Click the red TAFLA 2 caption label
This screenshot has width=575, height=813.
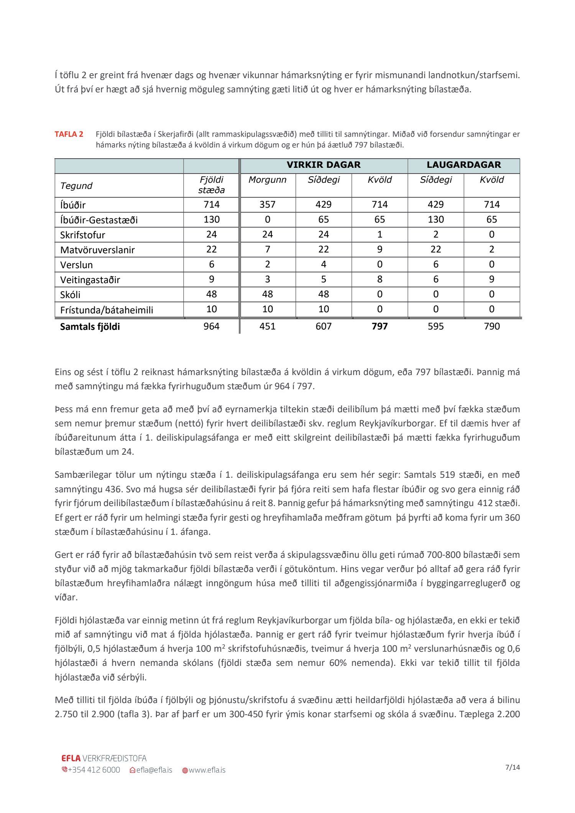pyautogui.click(x=69, y=134)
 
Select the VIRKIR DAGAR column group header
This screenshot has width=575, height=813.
pyautogui.click(x=324, y=165)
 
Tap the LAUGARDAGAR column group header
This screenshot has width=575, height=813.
pyautogui.click(x=463, y=165)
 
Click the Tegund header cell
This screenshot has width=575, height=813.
pyautogui.click(x=76, y=186)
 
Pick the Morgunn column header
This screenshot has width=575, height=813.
pyautogui.click(x=267, y=180)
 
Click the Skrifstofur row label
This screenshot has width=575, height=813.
pyautogui.click(x=82, y=235)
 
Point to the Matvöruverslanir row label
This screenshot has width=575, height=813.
pyautogui.click(x=97, y=250)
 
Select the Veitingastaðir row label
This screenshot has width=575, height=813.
pyautogui.click(x=90, y=280)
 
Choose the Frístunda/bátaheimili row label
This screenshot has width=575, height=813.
pyautogui.click(x=107, y=310)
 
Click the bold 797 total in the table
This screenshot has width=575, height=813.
pyautogui.click(x=379, y=326)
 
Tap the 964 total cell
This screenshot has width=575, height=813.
pyautogui.click(x=211, y=326)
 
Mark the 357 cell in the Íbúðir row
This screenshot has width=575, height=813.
pyautogui.click(x=267, y=205)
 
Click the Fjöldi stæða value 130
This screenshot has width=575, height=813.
pyautogui.click(x=211, y=220)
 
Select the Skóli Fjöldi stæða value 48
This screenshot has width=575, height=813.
pyautogui.click(x=211, y=294)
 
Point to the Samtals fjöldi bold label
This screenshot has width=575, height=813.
pyautogui.click(x=90, y=327)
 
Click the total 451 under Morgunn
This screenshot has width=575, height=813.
pyautogui.click(x=267, y=326)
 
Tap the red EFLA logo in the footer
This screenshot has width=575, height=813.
pyautogui.click(x=71, y=758)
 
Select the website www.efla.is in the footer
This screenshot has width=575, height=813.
pyautogui.click(x=207, y=770)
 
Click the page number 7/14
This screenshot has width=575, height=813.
pyautogui.click(x=513, y=767)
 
